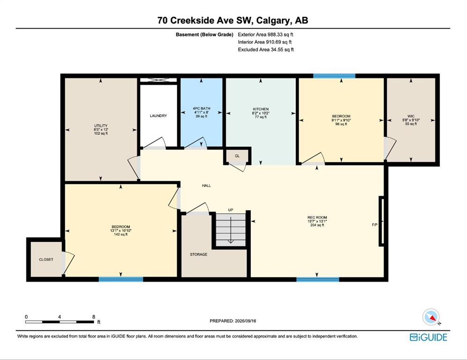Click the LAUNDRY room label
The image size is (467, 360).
pos(158,115)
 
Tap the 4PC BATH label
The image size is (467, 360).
pos(201,108)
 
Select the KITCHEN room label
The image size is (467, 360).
pos(261,109)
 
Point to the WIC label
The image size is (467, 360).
pos(411,116)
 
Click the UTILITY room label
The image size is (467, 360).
pos(101,126)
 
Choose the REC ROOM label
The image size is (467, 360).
pos(317,217)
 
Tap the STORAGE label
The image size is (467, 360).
pos(199,255)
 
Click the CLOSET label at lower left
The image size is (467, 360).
pos(46,260)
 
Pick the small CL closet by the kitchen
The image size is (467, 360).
pos(237,156)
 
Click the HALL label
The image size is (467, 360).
pos(206,186)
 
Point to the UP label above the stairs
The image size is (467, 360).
pos(231,210)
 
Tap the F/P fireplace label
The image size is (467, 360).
pos(375,225)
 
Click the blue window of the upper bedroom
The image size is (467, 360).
pos(334,76)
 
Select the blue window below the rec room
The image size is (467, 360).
pos(318,279)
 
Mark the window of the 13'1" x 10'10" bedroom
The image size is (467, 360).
pos(121,279)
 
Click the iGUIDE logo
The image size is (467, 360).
pos(429,337)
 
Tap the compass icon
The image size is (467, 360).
pos(431,317)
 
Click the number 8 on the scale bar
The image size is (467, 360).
pos(94,317)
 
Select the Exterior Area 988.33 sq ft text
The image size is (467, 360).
pos(266,35)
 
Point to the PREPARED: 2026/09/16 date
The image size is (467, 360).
pos(233,321)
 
